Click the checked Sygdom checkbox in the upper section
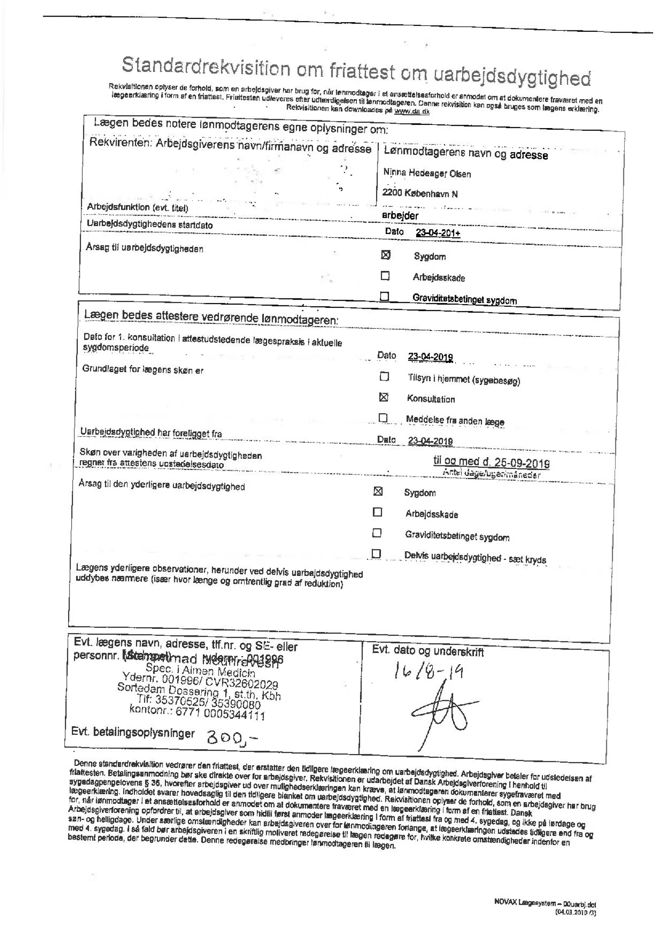(386, 255)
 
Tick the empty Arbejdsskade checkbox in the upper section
(385, 276)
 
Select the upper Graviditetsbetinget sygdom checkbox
(384, 296)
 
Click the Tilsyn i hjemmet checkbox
(384, 376)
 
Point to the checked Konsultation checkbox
(383, 397)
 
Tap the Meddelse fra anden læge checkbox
(383, 417)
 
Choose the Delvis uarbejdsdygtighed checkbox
(376, 553)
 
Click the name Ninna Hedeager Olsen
(427, 174)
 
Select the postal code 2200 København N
(419, 193)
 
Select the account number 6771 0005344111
(197, 714)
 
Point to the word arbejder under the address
(400, 215)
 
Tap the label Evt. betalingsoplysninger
(133, 733)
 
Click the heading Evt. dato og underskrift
(428, 651)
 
